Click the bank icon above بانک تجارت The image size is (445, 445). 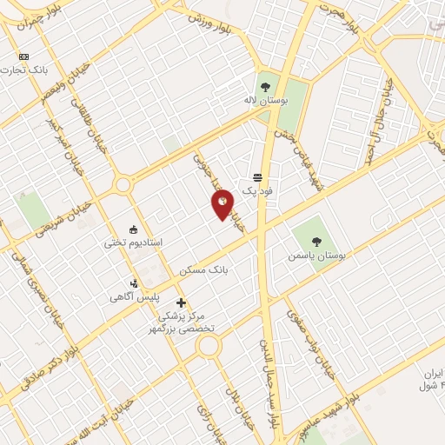(23, 56)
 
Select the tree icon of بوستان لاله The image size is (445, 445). (265, 86)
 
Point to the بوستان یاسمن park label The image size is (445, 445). (320, 258)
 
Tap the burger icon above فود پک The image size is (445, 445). (258, 176)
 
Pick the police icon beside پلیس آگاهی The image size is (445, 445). (133, 282)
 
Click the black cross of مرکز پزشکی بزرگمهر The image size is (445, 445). (181, 302)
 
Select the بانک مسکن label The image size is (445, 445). (203, 271)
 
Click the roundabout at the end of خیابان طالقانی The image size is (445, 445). (122, 184)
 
